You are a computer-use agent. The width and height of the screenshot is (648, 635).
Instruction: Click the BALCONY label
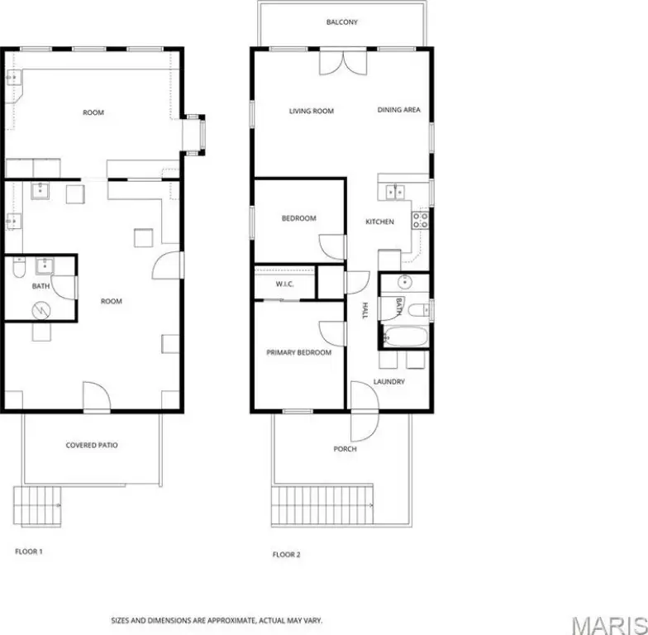point(342,21)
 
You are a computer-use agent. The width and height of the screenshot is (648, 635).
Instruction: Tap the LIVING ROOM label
point(311,111)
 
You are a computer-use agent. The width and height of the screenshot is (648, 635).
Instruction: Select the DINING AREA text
point(398,109)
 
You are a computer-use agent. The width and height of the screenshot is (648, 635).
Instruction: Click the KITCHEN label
point(379,222)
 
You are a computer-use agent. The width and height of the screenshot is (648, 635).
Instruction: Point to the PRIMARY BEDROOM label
point(299,352)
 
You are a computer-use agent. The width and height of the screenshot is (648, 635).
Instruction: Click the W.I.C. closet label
point(284,284)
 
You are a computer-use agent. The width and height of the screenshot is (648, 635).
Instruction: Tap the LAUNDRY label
point(388,382)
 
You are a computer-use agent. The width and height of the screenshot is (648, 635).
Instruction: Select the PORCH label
point(345,449)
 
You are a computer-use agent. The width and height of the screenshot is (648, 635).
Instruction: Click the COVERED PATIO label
point(92,445)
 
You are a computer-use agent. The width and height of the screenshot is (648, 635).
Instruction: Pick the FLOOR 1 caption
point(28,551)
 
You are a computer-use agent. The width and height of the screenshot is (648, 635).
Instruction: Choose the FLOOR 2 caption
point(286,554)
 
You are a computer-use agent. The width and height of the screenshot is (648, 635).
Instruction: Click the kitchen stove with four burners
point(420,220)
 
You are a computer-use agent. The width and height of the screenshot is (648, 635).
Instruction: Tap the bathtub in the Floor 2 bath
point(406,337)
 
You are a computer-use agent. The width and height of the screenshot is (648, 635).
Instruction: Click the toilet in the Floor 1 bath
point(19,268)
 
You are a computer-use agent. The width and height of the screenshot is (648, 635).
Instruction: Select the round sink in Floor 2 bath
point(405,283)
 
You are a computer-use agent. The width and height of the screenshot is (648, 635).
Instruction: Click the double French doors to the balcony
point(343,62)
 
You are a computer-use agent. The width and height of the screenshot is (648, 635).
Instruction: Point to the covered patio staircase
point(37,506)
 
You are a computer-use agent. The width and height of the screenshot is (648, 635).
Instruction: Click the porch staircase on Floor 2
point(322,504)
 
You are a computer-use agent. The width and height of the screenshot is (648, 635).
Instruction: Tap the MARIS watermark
point(610,625)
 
